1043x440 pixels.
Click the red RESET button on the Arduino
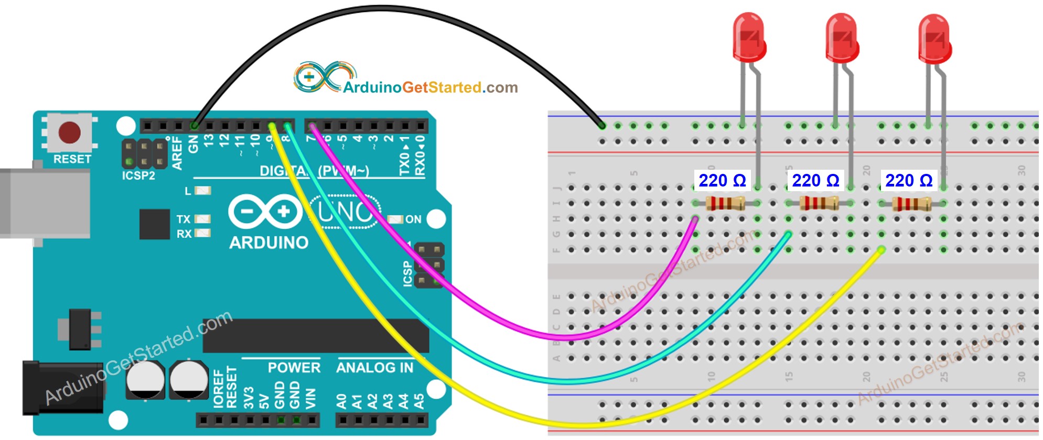69,133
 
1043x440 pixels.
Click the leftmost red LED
749,38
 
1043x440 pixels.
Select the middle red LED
842,38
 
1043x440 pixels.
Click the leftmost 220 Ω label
722,181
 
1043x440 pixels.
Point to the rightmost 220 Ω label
909,181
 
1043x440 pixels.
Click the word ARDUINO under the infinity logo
268,243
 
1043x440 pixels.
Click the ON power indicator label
413,219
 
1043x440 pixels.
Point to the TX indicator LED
202,219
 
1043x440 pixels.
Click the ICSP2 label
138,176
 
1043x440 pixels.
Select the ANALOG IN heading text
374,368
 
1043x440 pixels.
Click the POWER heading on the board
294,368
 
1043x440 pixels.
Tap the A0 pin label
341,401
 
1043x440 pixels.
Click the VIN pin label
310,399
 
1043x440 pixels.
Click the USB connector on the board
45,203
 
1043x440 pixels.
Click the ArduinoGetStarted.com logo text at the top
430,87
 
